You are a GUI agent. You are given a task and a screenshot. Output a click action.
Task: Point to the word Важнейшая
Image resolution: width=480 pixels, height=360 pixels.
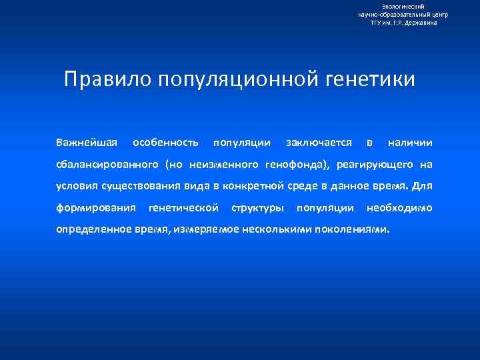click(x=87, y=143)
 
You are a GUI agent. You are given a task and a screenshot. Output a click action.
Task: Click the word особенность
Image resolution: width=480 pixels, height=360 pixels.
click(x=165, y=143)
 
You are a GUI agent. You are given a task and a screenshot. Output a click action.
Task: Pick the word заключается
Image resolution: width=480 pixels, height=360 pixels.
click(x=319, y=143)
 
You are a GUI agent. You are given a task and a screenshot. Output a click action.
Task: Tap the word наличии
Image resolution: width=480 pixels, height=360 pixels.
click(x=410, y=143)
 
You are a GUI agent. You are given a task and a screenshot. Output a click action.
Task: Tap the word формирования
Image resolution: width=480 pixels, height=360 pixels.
click(x=96, y=208)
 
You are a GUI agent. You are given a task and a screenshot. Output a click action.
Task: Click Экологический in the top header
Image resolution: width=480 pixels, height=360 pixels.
click(x=403, y=6)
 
